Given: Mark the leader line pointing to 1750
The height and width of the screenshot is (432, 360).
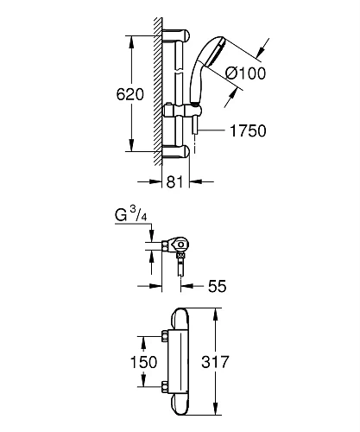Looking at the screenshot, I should pyautogui.click(x=212, y=132).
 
